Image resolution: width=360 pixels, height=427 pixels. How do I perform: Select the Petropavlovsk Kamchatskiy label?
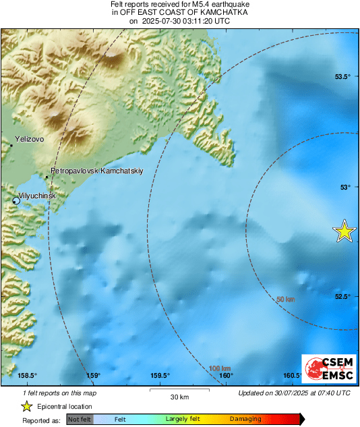[x=97, y=171]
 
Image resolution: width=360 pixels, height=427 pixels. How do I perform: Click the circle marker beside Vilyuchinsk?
[x=16, y=200]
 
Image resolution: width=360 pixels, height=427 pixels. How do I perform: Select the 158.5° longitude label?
[x=27, y=376]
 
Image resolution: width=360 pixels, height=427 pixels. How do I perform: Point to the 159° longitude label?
[x=93, y=376]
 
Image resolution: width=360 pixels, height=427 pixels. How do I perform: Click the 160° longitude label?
[x=226, y=376]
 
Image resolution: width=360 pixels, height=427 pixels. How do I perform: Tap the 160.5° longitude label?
[x=292, y=376]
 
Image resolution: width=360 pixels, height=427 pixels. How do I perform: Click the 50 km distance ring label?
[x=287, y=299]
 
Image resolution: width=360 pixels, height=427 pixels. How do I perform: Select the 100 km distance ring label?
[x=220, y=368]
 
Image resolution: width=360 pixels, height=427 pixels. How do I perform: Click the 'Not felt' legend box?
[x=80, y=419]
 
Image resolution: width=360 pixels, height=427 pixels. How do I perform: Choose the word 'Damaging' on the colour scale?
[x=245, y=419]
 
